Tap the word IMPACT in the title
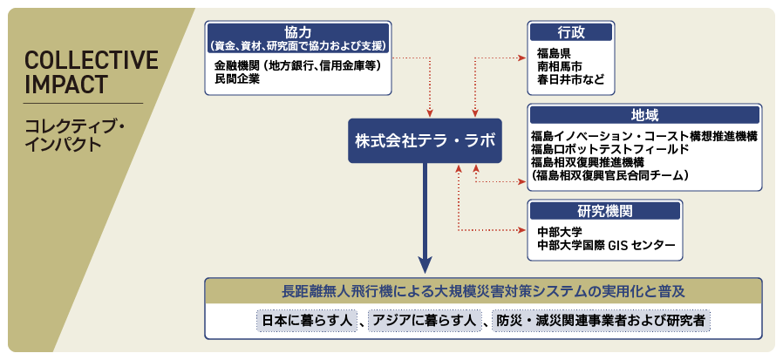click(66, 85)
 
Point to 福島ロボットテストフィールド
click(610, 149)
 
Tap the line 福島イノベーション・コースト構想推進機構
click(643, 136)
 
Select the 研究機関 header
click(603, 210)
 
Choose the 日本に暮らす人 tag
click(306, 322)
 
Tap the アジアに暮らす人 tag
click(423, 322)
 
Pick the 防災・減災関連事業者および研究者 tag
click(602, 322)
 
